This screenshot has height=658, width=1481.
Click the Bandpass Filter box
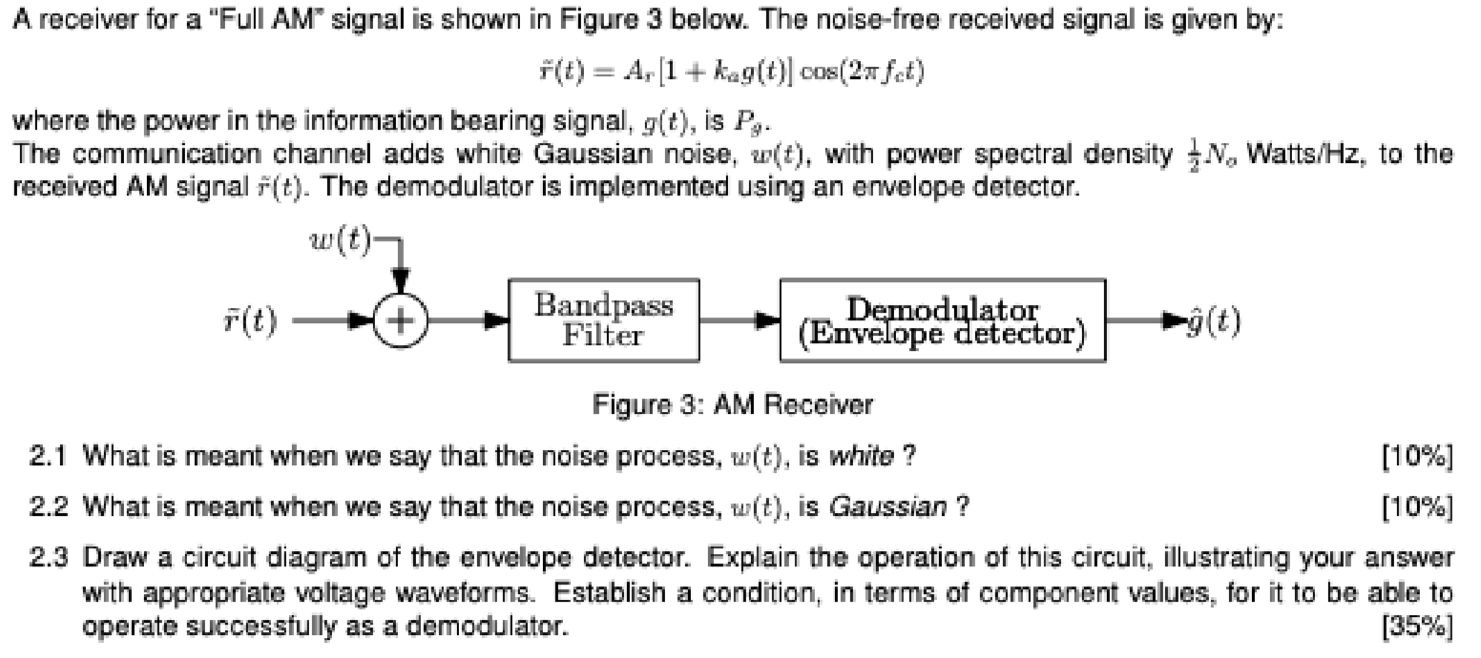click(x=604, y=320)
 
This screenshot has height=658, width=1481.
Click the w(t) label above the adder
click(x=341, y=238)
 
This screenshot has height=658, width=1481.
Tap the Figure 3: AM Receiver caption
click(x=733, y=405)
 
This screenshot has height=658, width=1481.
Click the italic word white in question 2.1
click(x=863, y=458)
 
